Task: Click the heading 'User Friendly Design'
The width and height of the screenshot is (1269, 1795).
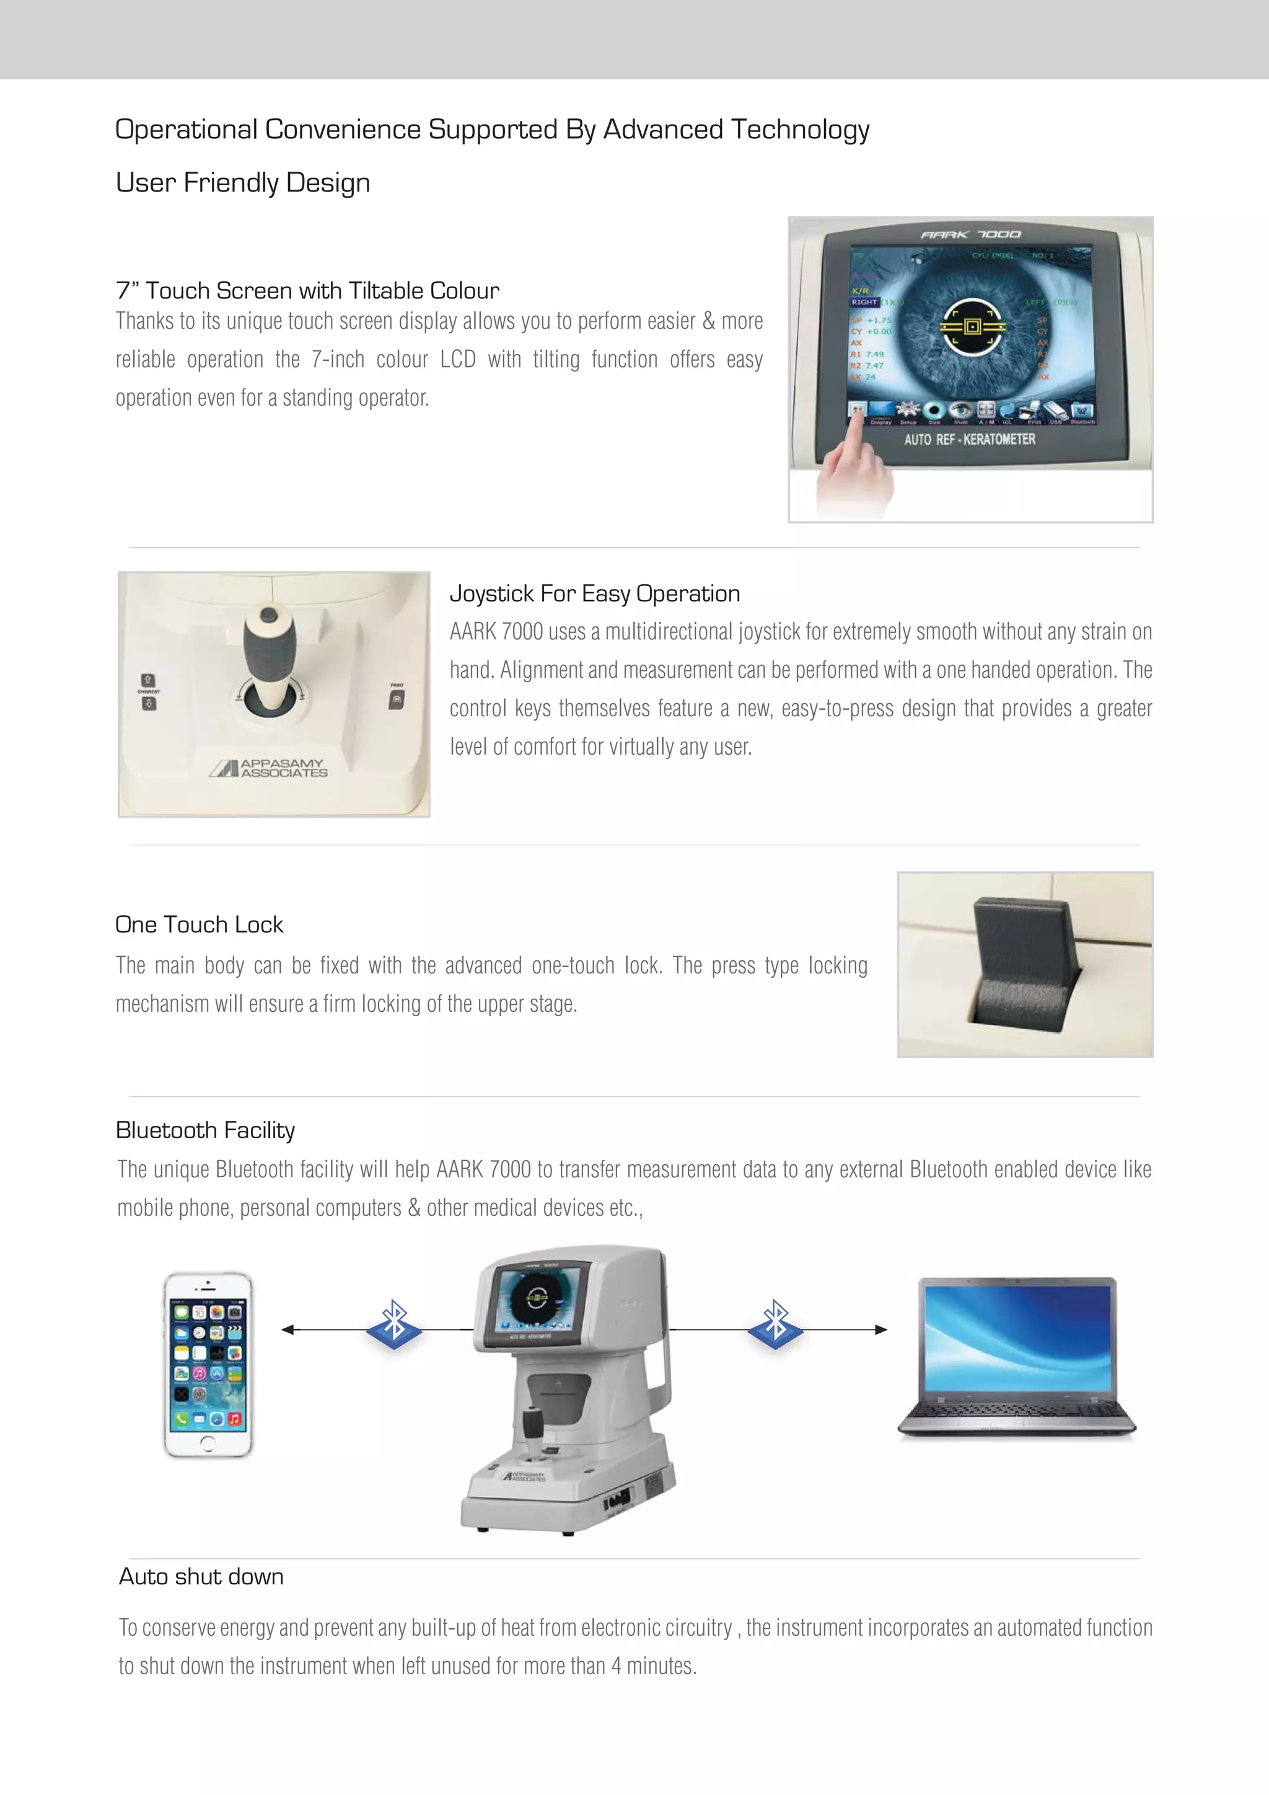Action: pos(242,183)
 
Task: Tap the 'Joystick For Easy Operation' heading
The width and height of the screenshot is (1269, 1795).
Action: pos(594,594)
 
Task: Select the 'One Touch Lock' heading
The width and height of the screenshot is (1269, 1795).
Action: pos(199,925)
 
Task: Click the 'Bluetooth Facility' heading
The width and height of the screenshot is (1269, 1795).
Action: pos(205,1131)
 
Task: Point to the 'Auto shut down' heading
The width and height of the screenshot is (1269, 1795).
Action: pos(201,1577)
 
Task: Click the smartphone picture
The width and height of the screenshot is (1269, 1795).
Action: pos(208,1364)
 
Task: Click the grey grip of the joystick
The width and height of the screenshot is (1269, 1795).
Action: pos(270,649)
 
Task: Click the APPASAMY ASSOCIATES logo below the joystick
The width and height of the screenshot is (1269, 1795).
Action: pos(269,768)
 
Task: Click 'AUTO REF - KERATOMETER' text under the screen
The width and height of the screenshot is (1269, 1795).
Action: pos(970,439)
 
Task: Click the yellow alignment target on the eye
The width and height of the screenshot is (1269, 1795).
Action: pos(972,326)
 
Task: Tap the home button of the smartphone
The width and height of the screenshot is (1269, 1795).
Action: pos(207,1442)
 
